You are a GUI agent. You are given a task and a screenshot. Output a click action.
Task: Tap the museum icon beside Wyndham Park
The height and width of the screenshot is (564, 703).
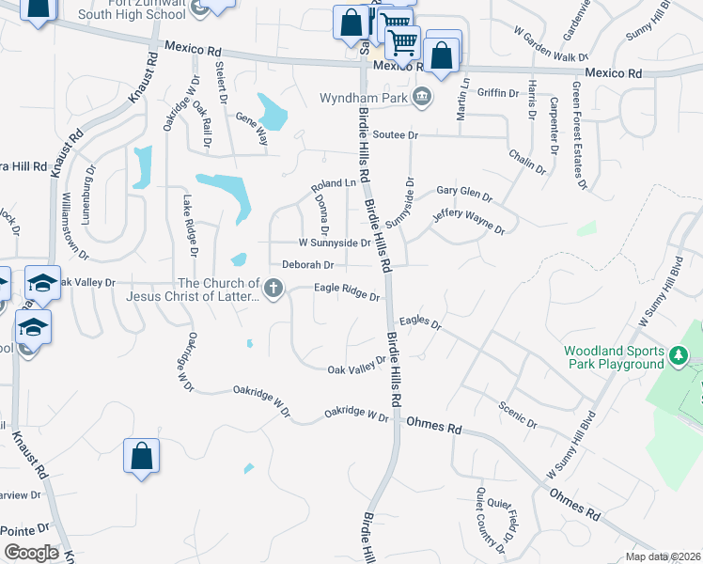pyautogui.click(x=422, y=96)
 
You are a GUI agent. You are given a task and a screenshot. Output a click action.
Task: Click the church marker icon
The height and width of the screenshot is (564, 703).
pyautogui.click(x=273, y=290)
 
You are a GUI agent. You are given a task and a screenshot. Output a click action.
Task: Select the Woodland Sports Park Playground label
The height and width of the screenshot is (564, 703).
pyautogui.click(x=614, y=357)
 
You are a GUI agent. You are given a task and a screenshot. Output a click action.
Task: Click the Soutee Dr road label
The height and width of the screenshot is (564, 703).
pyautogui.click(x=394, y=136)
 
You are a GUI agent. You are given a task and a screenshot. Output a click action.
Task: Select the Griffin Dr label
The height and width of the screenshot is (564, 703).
pyautogui.click(x=498, y=93)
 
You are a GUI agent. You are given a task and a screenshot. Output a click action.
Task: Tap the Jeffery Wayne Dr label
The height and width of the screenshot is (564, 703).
pyautogui.click(x=469, y=223)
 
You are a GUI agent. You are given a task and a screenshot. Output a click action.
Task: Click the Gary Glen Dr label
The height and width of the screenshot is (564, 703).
pyautogui.click(x=463, y=195)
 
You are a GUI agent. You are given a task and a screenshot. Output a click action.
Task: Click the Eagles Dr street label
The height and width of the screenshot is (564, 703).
pyautogui.click(x=420, y=322)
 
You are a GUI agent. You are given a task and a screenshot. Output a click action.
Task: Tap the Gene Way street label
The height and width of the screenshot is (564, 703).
pyautogui.click(x=252, y=129)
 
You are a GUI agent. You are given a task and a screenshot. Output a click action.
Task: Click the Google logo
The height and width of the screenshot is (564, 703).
pyautogui.click(x=31, y=553)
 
